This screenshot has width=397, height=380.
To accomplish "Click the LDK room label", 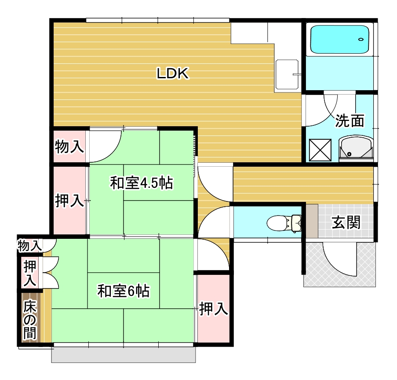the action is pos(173,73).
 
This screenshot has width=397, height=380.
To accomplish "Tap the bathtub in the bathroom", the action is pos(339,39).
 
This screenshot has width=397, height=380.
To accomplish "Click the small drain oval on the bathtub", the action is pos(361,40).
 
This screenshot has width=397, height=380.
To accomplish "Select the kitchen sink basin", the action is pos(287,74).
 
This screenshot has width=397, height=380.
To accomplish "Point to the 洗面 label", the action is pos(350,121).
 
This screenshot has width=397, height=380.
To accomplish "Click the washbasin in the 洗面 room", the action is pos(356,148).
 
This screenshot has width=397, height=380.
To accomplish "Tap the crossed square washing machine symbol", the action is pos(321,150).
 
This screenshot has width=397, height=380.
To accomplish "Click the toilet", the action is pos(284,223).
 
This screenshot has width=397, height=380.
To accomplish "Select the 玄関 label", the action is pos(346,223).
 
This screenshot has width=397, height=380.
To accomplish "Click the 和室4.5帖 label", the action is pos(142,183).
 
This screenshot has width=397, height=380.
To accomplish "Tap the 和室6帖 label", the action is pos(124,291).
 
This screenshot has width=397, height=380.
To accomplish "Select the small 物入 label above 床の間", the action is pos(29,245).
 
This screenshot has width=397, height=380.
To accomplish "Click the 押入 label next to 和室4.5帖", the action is pos(69,201).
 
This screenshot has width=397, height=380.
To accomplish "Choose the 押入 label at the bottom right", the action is pos(214,309).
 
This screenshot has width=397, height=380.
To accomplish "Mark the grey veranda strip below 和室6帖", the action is pos(124,354).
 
